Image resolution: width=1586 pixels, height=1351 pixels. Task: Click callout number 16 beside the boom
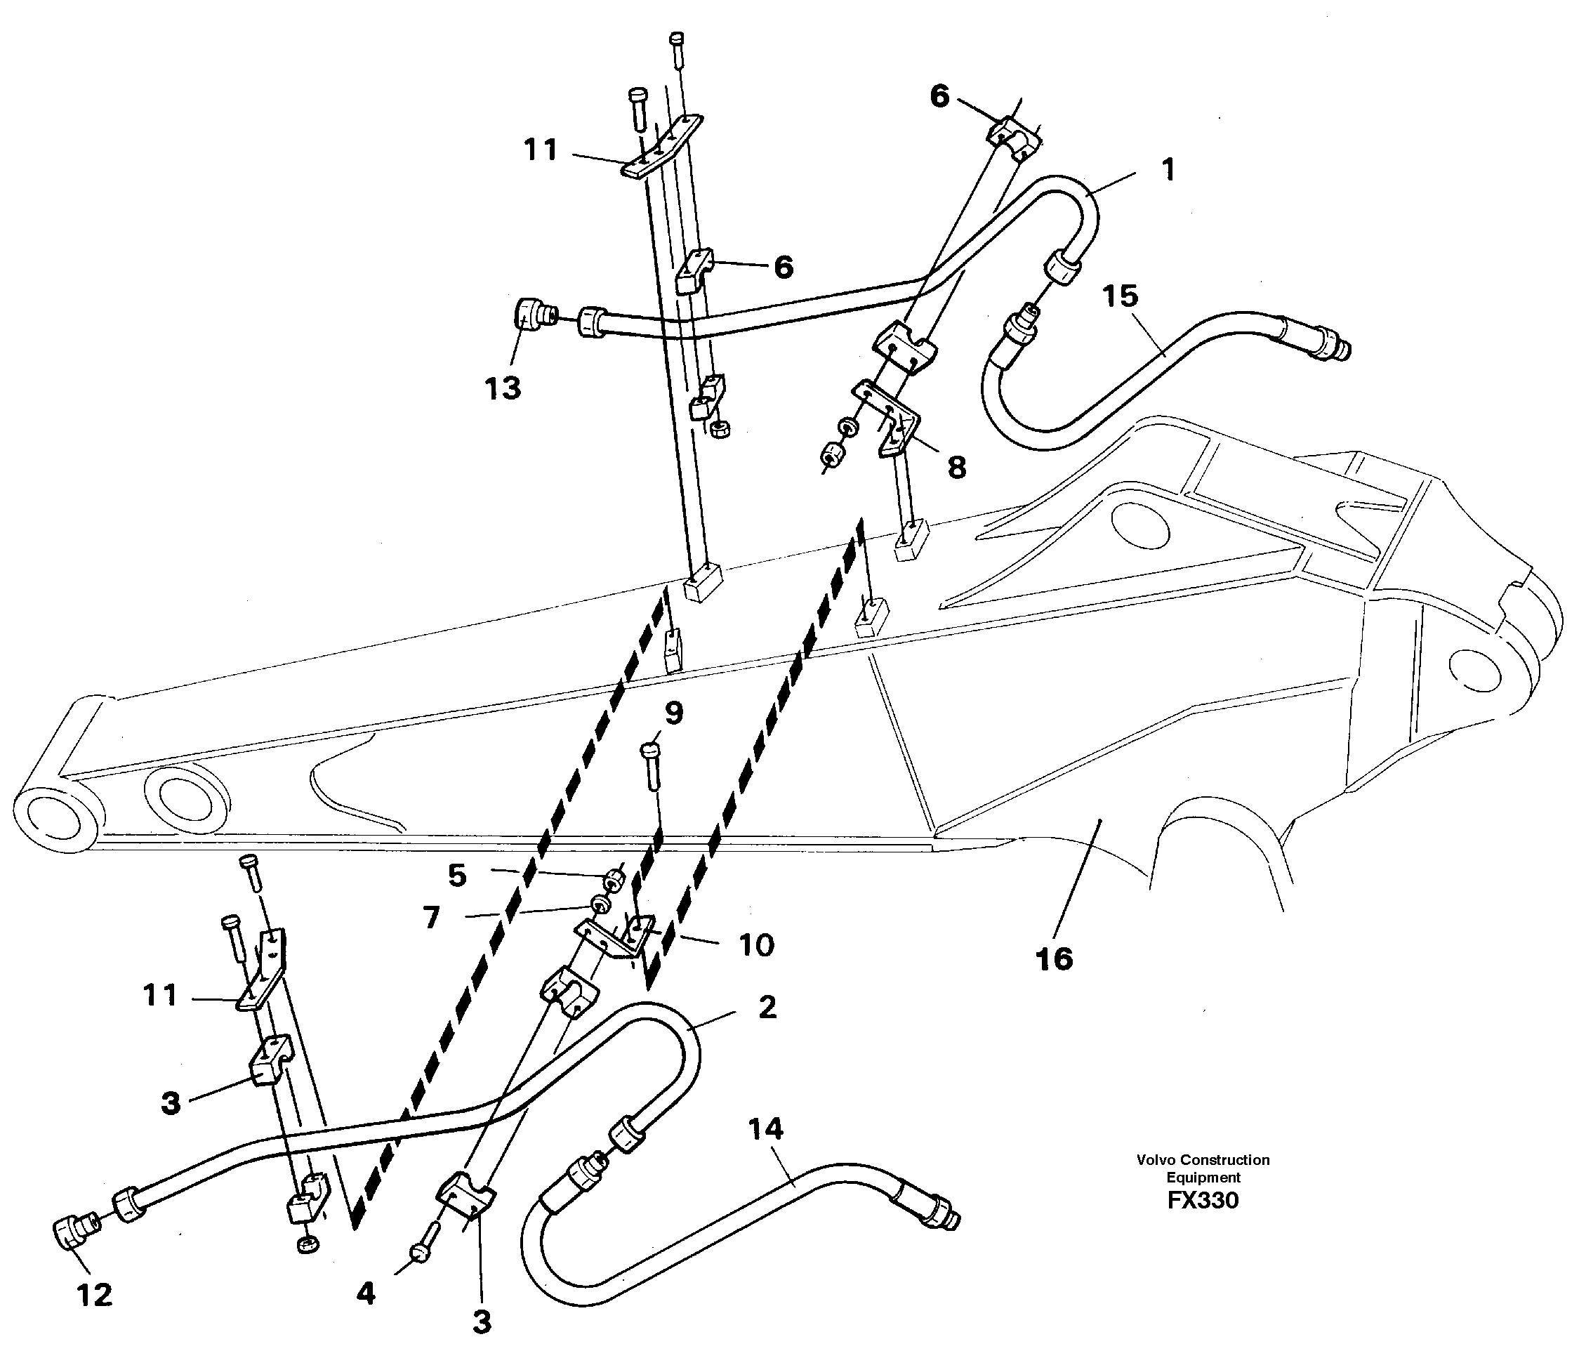coord(1053,958)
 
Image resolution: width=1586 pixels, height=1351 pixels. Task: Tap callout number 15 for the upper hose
coord(1121,296)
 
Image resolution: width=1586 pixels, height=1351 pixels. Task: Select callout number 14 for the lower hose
coord(766,1129)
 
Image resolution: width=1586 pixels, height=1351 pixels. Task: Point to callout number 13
coord(503,388)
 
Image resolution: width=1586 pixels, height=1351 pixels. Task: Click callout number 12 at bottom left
coord(94,1295)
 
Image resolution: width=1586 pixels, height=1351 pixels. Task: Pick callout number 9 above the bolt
coord(673,713)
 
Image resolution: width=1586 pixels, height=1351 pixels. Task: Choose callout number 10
coord(756,945)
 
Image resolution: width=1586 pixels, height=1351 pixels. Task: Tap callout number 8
coord(957,467)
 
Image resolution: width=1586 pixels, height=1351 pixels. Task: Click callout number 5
coord(457,876)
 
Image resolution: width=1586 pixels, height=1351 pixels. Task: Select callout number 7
coord(432,917)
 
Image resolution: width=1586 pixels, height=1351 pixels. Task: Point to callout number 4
coord(366,1293)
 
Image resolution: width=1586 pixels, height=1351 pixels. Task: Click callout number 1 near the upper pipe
coord(1168,170)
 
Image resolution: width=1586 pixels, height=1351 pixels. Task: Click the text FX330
coord(1203,1200)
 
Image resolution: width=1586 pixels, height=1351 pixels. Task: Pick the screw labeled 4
coord(423,1252)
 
